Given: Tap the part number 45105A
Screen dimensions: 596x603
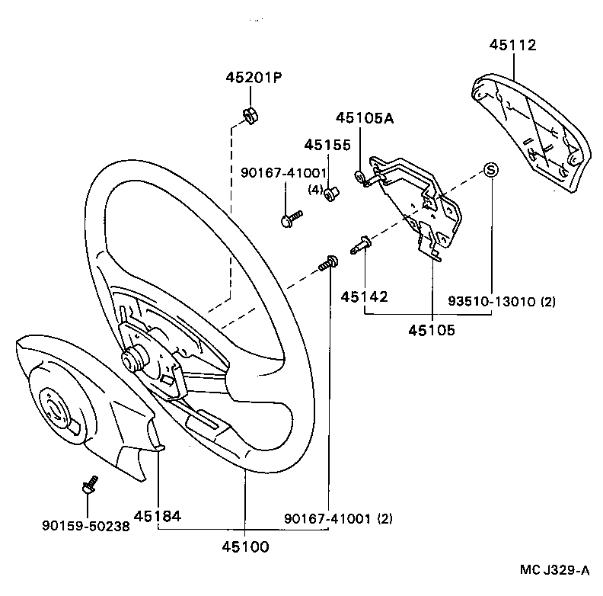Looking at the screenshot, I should click(x=366, y=118).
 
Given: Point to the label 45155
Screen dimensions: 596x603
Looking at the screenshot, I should click(x=327, y=145).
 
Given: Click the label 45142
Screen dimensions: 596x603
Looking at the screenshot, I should click(x=364, y=296).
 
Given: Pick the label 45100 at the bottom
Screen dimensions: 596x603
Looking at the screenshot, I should click(x=245, y=546).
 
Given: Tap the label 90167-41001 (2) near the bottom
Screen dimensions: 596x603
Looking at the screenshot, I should click(x=338, y=518).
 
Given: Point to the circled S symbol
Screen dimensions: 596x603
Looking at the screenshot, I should click(x=491, y=169).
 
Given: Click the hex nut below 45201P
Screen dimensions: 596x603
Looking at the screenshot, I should click(x=248, y=116).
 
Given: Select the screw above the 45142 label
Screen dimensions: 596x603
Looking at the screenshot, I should click(x=360, y=245).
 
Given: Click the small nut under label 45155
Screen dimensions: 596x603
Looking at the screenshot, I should click(x=330, y=194).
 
